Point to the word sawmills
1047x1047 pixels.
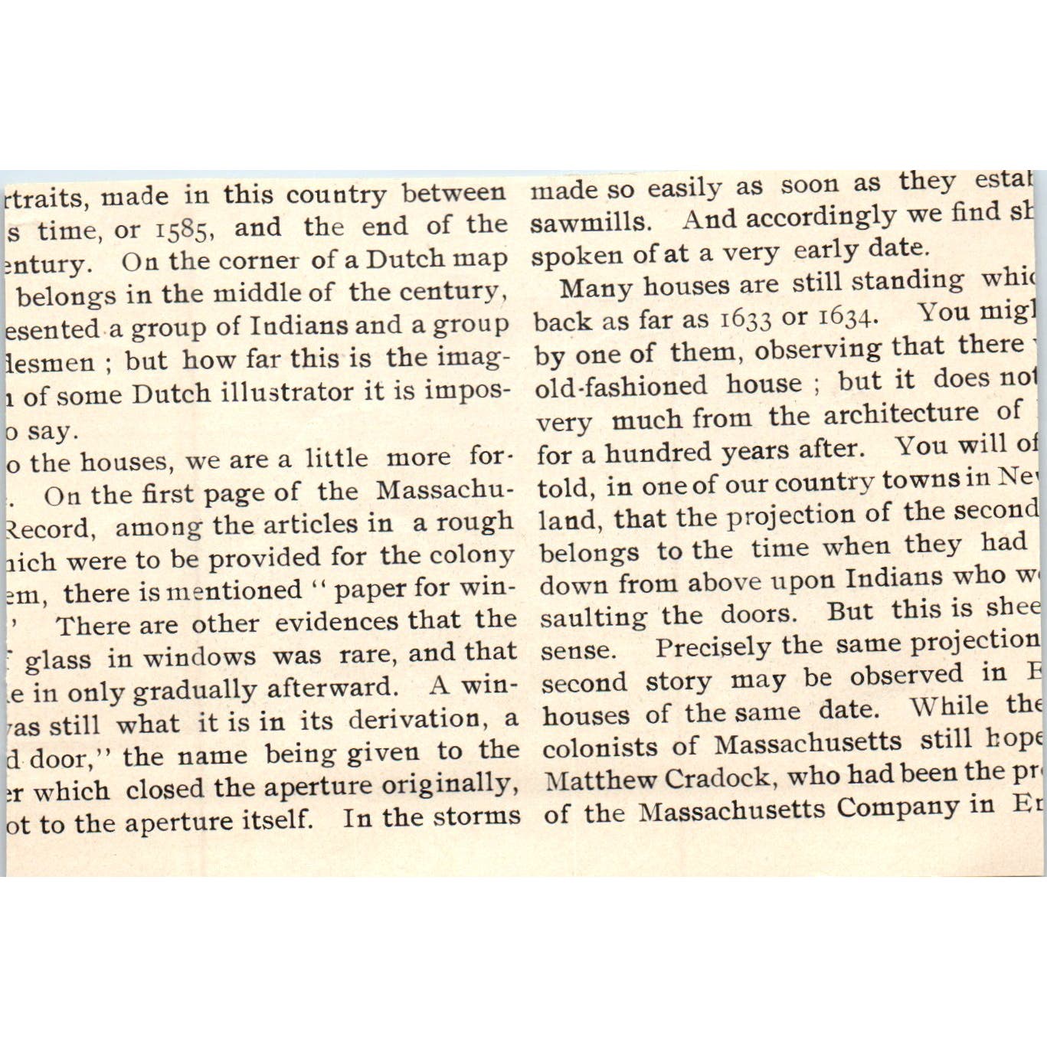click(590, 222)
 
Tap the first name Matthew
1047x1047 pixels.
click(600, 780)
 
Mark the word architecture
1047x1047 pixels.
click(901, 414)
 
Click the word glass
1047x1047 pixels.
click(57, 659)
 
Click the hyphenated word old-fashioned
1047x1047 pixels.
click(620, 385)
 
